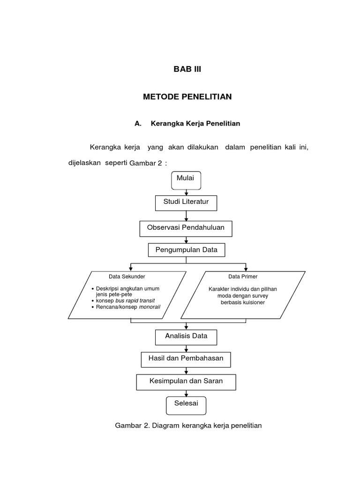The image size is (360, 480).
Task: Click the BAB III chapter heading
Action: [x=187, y=69]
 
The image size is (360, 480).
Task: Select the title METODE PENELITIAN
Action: [x=187, y=97]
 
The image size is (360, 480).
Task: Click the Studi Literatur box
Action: [x=186, y=202]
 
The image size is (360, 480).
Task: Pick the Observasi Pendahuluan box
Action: [x=186, y=228]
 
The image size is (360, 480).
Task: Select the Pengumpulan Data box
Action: [x=186, y=250]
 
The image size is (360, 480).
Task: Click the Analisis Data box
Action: [x=186, y=336]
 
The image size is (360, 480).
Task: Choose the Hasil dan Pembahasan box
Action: [x=186, y=359]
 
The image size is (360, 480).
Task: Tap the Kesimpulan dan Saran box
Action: [x=186, y=382]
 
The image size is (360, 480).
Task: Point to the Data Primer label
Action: [x=243, y=277]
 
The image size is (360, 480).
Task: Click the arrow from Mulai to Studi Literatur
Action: [x=187, y=192]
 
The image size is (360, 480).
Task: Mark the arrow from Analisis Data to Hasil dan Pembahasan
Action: [x=187, y=348]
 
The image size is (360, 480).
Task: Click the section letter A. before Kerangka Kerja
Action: [x=138, y=124]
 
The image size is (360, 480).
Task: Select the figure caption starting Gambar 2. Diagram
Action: [x=188, y=426]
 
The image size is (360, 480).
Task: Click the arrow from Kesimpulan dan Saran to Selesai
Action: [x=187, y=393]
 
